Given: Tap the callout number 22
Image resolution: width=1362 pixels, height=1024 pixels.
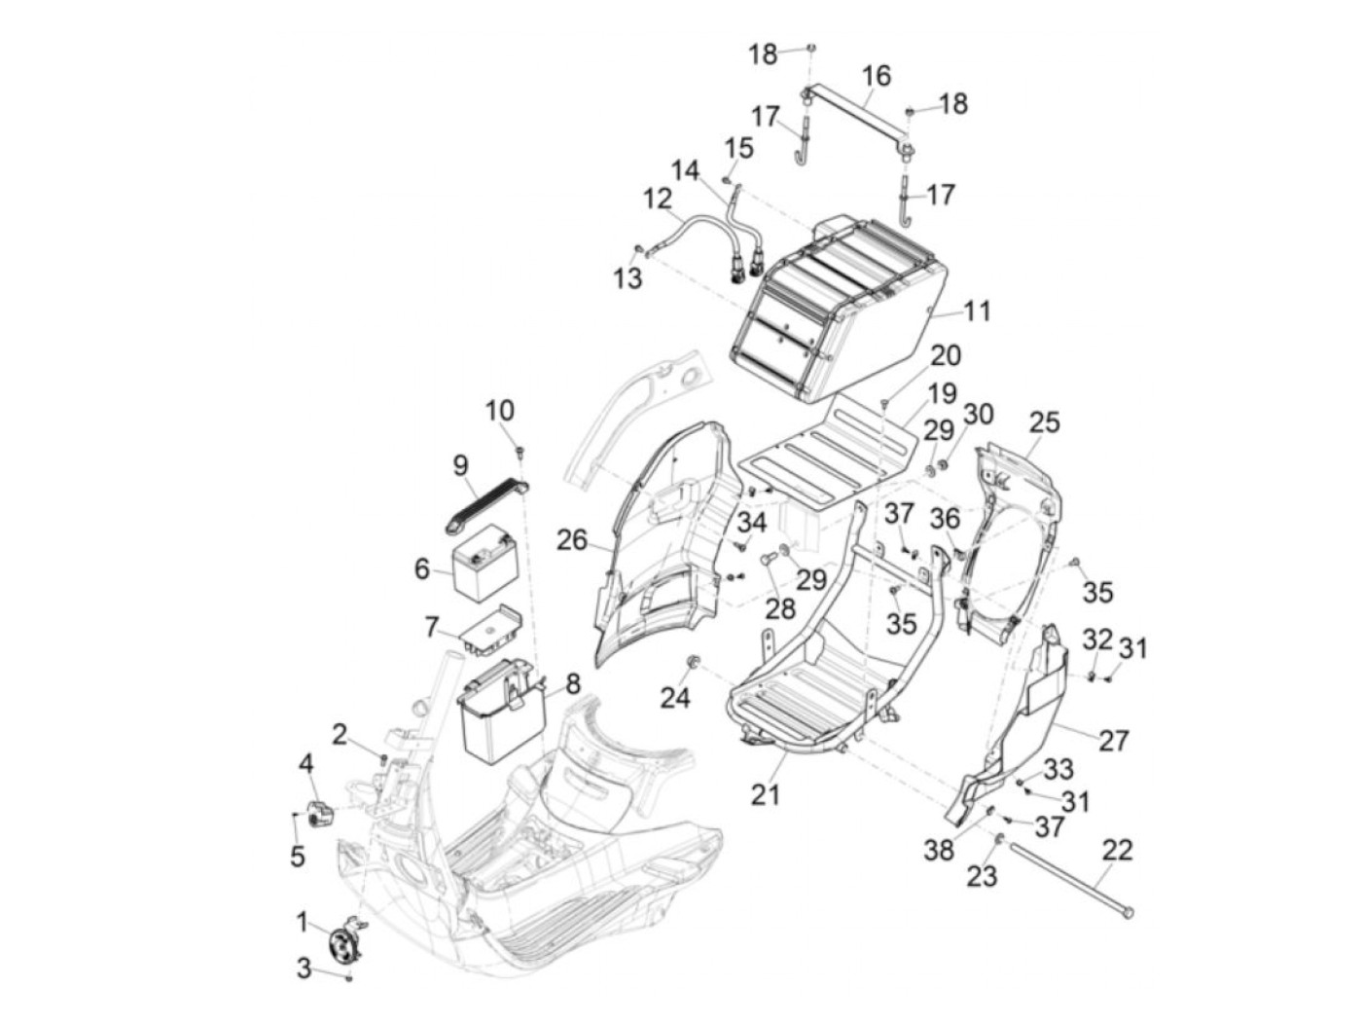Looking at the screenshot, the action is coord(1117,850).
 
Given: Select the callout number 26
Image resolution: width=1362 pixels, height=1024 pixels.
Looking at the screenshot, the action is coord(571,540).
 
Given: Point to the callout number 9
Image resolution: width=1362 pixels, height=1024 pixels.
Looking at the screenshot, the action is coord(460,465).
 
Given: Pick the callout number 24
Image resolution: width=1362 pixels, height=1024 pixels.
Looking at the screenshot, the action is coord(674,698).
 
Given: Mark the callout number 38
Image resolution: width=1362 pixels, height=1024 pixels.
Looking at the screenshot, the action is coord(938,850).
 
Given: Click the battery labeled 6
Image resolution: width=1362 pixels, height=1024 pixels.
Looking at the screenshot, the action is coord(482,562).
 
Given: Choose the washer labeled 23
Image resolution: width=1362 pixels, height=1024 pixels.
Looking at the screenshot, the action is coord(1000,840).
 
